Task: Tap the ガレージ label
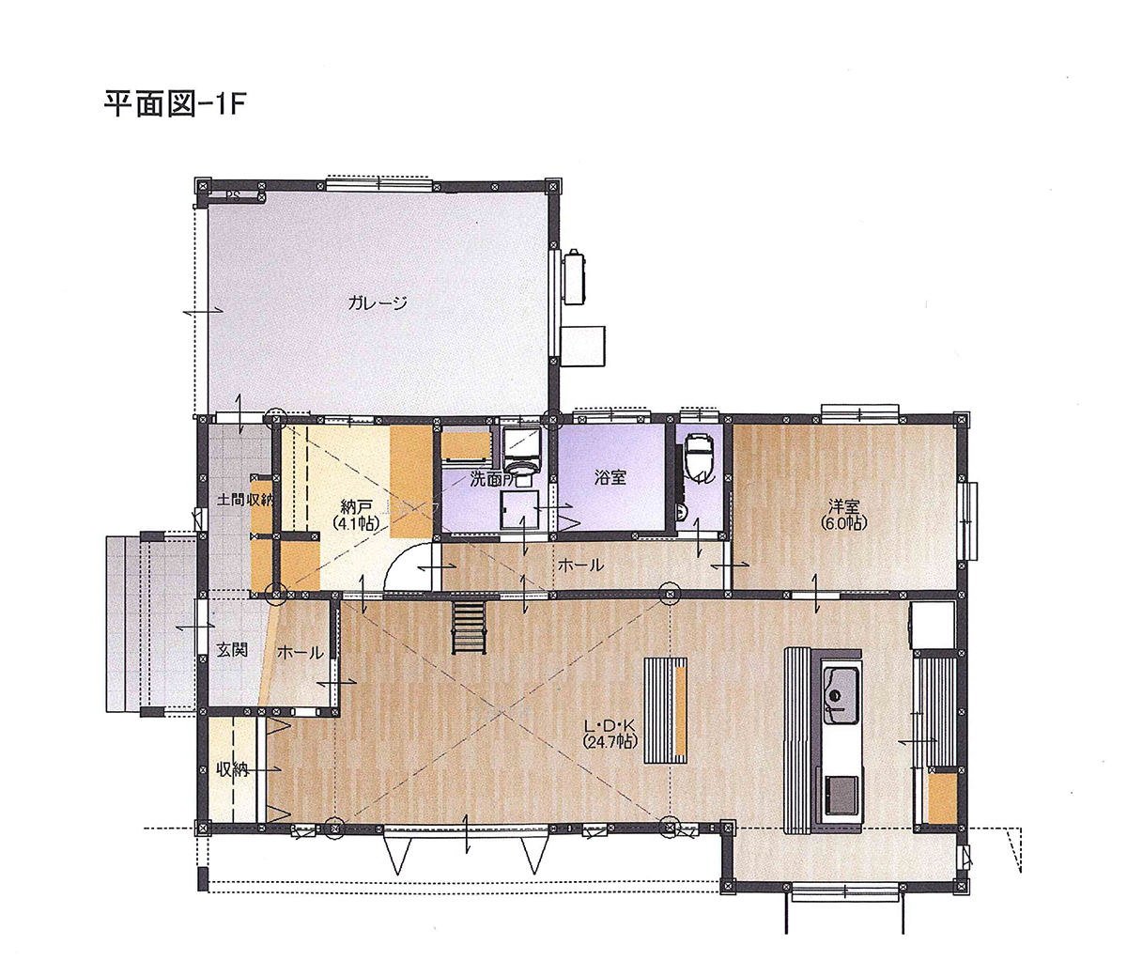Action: click(377, 302)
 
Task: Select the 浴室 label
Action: click(610, 477)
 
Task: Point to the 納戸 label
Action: click(355, 505)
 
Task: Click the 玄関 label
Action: click(232, 649)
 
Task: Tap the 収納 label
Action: click(231, 768)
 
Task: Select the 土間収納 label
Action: click(244, 500)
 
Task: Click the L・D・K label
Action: click(610, 726)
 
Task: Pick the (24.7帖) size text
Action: click(610, 742)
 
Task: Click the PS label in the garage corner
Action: click(231, 195)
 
